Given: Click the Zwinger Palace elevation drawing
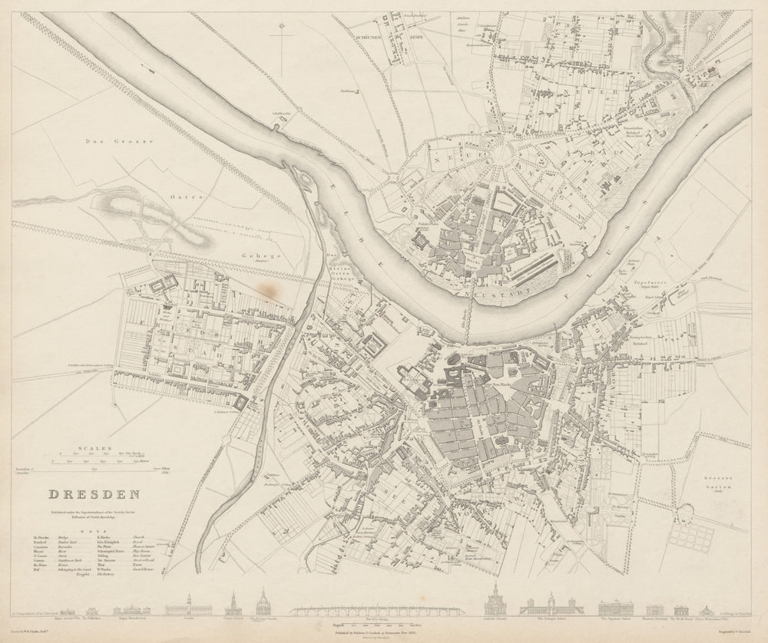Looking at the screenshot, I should (551, 607).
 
